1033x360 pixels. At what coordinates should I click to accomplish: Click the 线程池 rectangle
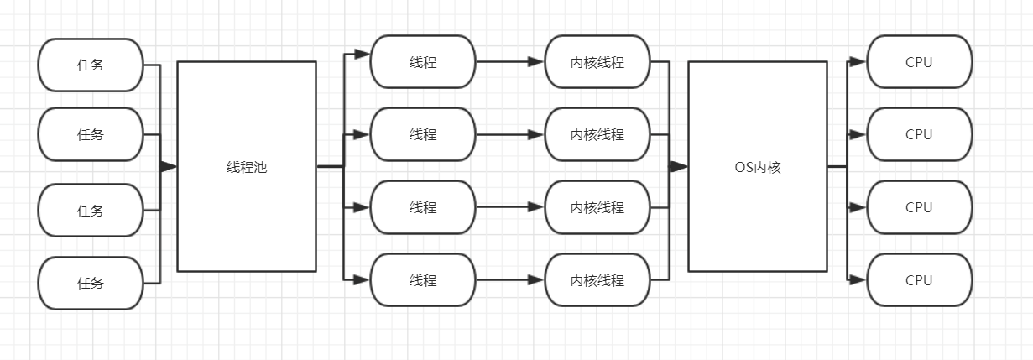click(247, 166)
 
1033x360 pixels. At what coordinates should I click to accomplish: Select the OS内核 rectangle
click(757, 166)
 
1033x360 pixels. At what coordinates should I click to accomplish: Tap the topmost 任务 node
click(91, 65)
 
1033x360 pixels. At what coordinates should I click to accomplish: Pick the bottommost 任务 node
click(91, 283)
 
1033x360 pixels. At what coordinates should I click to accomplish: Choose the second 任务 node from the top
click(91, 134)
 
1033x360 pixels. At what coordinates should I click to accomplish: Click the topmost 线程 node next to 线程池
click(423, 61)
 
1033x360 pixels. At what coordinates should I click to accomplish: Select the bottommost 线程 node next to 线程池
click(423, 280)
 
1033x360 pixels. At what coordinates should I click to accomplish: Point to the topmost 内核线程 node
click(597, 61)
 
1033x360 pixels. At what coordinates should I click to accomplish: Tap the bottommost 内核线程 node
click(597, 280)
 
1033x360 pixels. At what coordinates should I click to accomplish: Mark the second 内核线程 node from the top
click(597, 134)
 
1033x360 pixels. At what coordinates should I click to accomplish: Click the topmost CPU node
click(919, 61)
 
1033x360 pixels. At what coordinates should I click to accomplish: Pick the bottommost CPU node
click(919, 280)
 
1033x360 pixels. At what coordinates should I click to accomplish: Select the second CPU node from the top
click(919, 134)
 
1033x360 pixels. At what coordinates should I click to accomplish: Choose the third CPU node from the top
click(919, 207)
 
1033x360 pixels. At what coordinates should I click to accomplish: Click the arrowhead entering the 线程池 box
click(169, 166)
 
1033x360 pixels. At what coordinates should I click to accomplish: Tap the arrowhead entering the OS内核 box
click(679, 166)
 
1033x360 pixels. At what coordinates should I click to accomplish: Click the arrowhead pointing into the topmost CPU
click(858, 61)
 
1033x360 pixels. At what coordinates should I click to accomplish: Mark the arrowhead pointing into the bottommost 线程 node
click(362, 280)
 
